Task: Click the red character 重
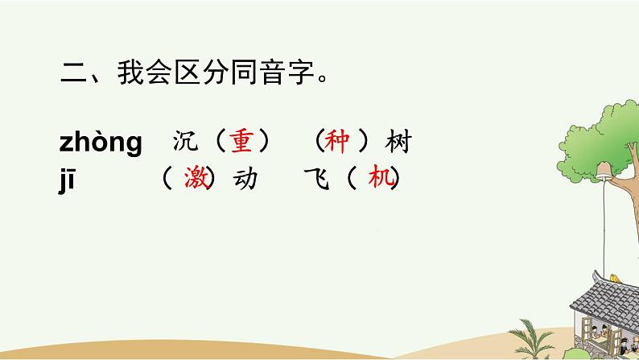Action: pyautogui.click(x=241, y=142)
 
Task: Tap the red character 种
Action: pyautogui.click(x=336, y=142)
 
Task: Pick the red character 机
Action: pyautogui.click(x=377, y=178)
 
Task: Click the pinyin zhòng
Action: pyautogui.click(x=101, y=143)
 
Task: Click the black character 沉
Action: pyautogui.click(x=185, y=143)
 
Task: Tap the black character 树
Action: pyautogui.click(x=398, y=143)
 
